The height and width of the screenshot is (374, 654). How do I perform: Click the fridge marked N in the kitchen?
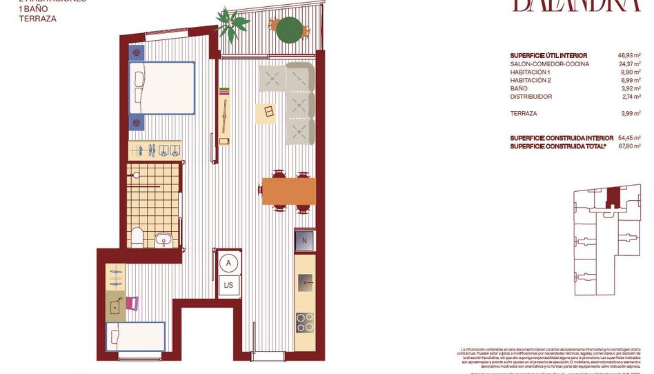pyautogui.click(x=304, y=241)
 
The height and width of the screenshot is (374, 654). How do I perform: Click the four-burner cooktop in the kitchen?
pyautogui.click(x=304, y=322)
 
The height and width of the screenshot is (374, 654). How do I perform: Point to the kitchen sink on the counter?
pyautogui.click(x=304, y=281)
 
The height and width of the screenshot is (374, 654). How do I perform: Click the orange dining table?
pyautogui.click(x=288, y=191)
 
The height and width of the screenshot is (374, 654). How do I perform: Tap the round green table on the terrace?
pyautogui.click(x=289, y=29)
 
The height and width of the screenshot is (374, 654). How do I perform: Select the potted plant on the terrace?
pyautogui.click(x=232, y=23)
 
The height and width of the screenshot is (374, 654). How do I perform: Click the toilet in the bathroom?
pyautogui.click(x=137, y=237)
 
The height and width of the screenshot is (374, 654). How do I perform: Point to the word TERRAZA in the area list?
pyautogui.click(x=524, y=113)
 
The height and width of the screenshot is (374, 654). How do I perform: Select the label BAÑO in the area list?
pyautogui.click(x=519, y=88)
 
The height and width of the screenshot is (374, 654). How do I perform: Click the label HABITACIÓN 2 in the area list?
pyautogui.click(x=531, y=80)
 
